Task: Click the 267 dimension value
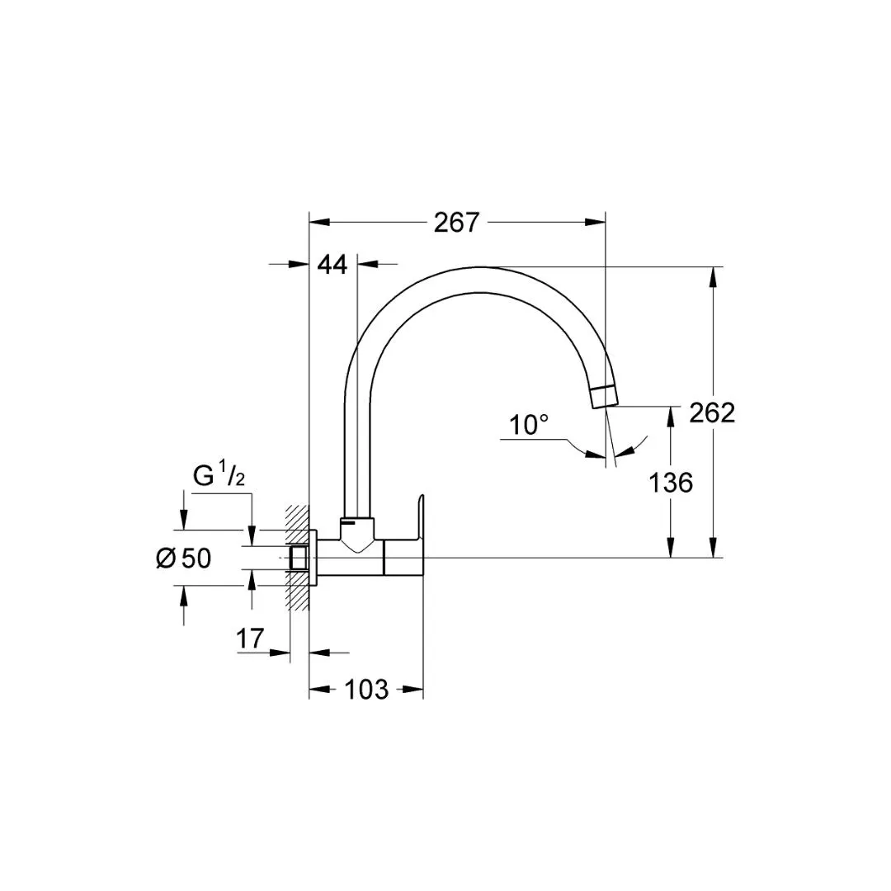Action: (x=457, y=222)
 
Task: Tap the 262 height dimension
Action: (x=712, y=412)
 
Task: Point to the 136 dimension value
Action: (x=671, y=483)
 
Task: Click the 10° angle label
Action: (x=529, y=425)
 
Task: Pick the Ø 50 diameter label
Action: (x=183, y=558)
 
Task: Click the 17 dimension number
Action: (x=250, y=639)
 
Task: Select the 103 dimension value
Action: (x=366, y=690)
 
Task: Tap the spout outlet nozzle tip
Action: (x=604, y=396)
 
